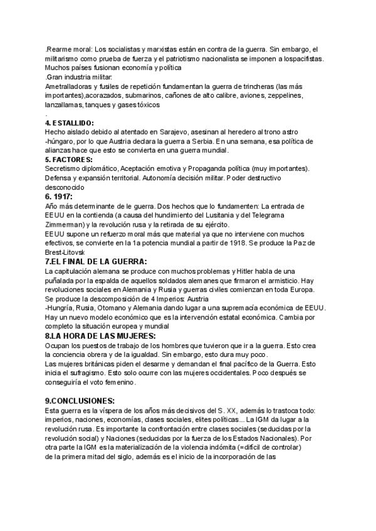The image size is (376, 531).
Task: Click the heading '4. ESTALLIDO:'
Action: click(x=70, y=123)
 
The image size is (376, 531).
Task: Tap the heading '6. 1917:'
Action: click(x=59, y=196)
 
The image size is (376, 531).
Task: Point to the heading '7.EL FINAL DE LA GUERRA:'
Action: click(x=97, y=261)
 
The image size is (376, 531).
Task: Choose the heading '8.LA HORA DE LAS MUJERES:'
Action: click(x=99, y=336)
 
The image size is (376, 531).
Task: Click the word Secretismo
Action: click(x=66, y=169)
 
